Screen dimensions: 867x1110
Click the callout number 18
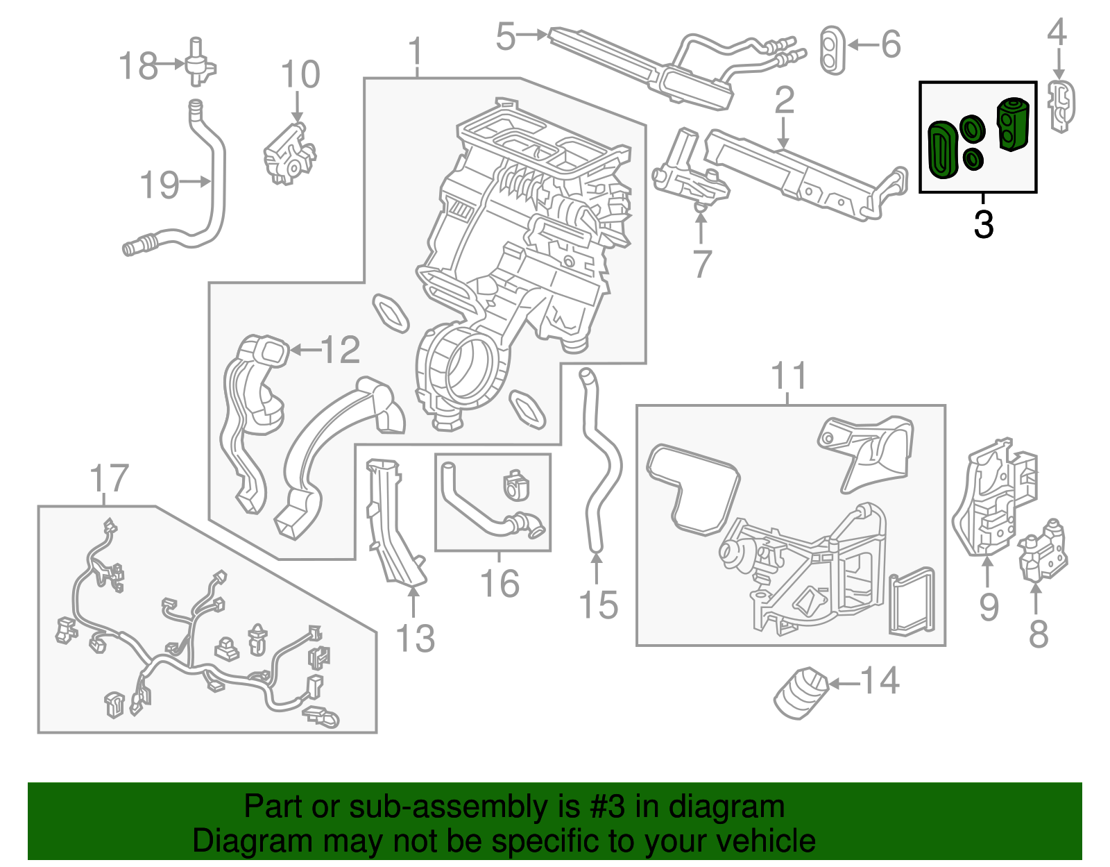click(x=138, y=67)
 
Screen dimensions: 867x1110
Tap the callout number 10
click(x=300, y=75)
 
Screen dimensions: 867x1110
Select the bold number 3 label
click(x=983, y=225)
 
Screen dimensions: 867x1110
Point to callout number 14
click(x=880, y=681)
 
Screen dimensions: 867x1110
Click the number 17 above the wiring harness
click(x=110, y=479)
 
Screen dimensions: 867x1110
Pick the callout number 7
click(x=702, y=264)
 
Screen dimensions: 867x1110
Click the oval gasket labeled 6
click(x=833, y=49)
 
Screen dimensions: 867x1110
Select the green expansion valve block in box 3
click(x=1013, y=124)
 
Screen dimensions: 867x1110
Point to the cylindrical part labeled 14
click(x=801, y=692)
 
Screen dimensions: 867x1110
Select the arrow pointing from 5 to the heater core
click(x=533, y=34)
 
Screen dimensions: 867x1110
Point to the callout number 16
click(x=499, y=584)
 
